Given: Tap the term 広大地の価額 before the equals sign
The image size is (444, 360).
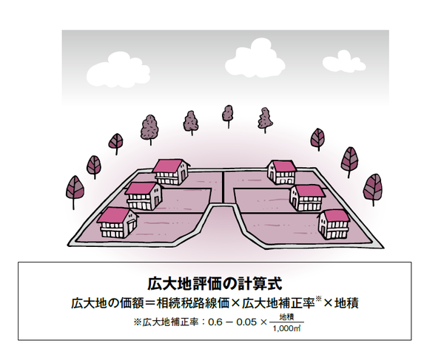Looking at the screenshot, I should [x=105, y=303].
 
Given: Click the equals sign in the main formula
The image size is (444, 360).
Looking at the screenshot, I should [x=149, y=303].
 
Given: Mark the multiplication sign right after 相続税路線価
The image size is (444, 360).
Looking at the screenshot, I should [x=235, y=303].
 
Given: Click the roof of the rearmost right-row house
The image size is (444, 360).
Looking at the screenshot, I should [x=281, y=163].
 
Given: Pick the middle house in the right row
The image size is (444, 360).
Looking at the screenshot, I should [x=307, y=196].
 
